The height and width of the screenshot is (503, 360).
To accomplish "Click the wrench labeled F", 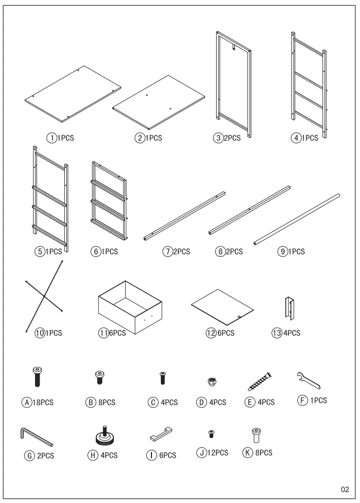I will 309,380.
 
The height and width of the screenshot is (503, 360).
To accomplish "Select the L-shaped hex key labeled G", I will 36,437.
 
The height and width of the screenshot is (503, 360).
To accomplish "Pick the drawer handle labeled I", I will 161,435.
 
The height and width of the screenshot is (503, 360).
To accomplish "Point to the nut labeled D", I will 211,381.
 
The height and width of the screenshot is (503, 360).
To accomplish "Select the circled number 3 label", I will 218,138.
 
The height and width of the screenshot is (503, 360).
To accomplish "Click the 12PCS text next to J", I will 218,453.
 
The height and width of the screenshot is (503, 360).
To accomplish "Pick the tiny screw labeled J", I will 211,435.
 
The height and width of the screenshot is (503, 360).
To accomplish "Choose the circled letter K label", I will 247,453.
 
